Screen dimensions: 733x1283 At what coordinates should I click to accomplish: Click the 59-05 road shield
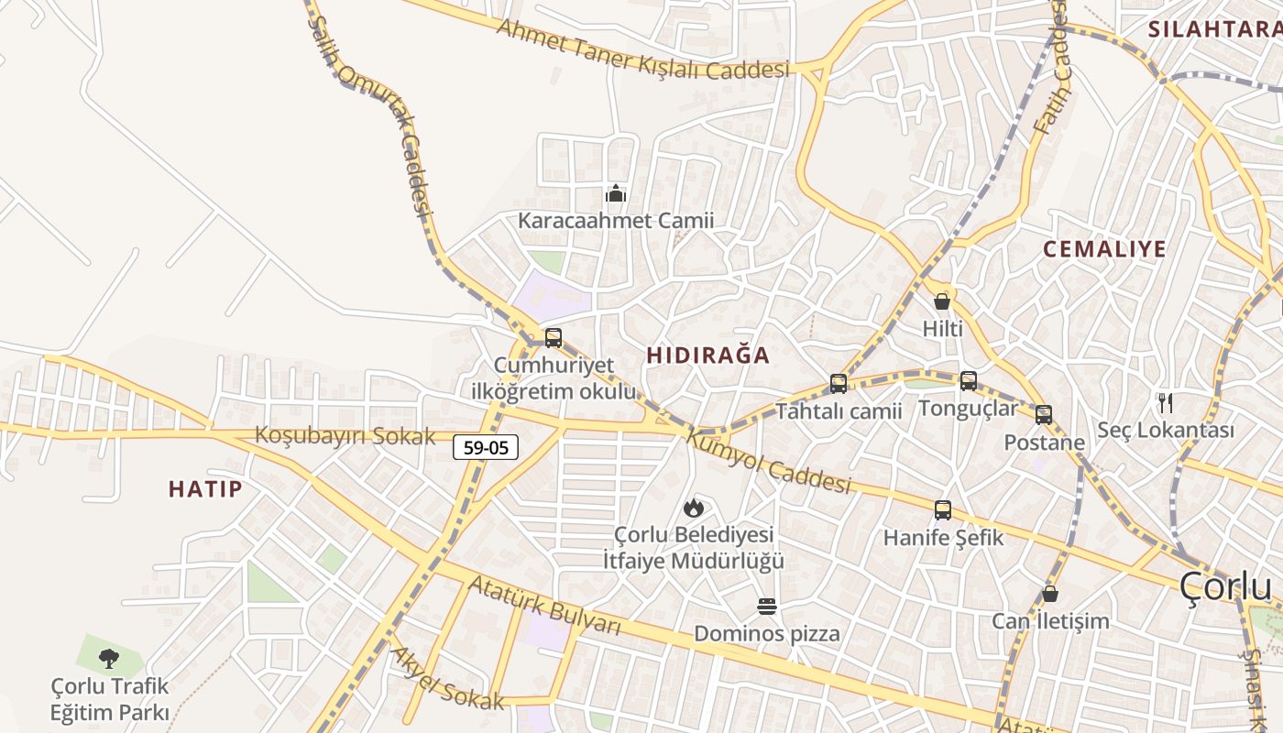tap(486, 447)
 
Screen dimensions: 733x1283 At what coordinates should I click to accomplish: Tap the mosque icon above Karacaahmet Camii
tap(616, 193)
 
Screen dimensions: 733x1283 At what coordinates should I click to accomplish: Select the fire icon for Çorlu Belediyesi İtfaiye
tap(694, 508)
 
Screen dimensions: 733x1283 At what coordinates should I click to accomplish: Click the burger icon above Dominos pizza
tap(767, 607)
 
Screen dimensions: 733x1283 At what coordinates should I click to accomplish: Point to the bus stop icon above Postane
tap(1044, 415)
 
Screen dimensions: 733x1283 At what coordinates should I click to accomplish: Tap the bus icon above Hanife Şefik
tap(943, 510)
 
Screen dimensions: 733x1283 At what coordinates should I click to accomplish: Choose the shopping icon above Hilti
tap(942, 301)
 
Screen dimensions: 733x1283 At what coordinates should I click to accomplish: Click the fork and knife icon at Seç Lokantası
tap(1166, 402)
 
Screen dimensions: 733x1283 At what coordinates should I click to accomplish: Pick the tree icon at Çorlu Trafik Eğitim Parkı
tap(109, 658)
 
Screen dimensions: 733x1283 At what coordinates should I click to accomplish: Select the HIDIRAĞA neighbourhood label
tap(708, 356)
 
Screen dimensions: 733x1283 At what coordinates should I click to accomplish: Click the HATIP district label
tap(205, 489)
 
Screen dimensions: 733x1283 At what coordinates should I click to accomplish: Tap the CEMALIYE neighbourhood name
tap(1104, 249)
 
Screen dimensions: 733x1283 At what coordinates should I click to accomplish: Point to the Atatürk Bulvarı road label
tap(544, 605)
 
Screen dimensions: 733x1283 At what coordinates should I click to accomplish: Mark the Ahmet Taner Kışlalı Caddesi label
tap(641, 49)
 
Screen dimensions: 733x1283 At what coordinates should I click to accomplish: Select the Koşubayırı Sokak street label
tap(345, 436)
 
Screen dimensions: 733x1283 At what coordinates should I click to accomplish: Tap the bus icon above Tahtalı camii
tap(839, 384)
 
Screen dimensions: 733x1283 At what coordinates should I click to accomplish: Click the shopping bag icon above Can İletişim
tap(1050, 594)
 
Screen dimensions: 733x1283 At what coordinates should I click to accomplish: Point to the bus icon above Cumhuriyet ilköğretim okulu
tap(554, 337)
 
